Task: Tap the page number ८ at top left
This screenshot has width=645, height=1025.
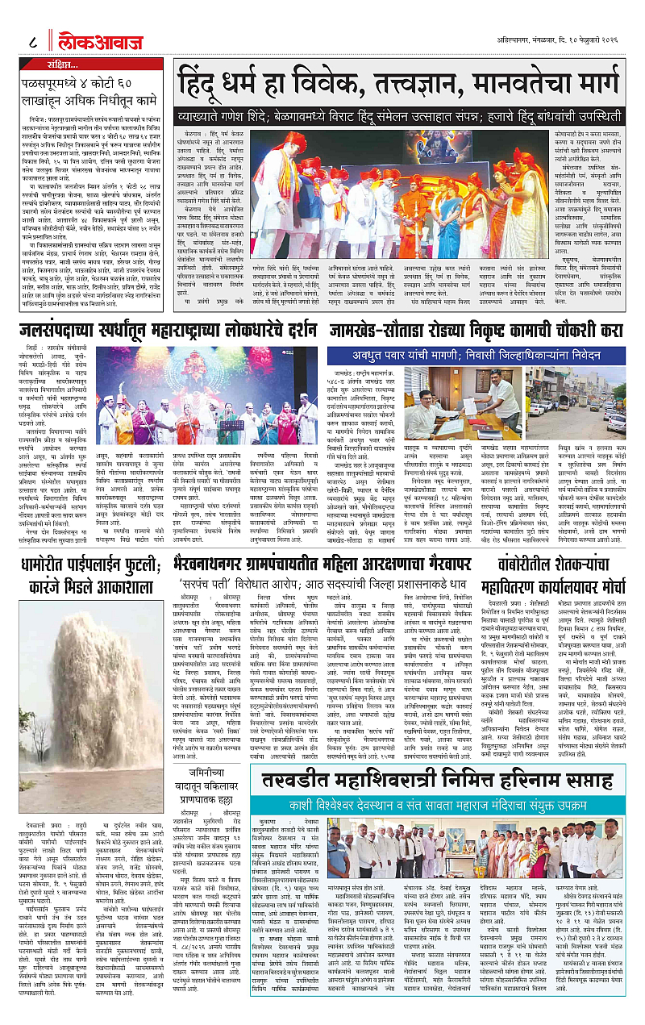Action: tap(31, 37)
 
